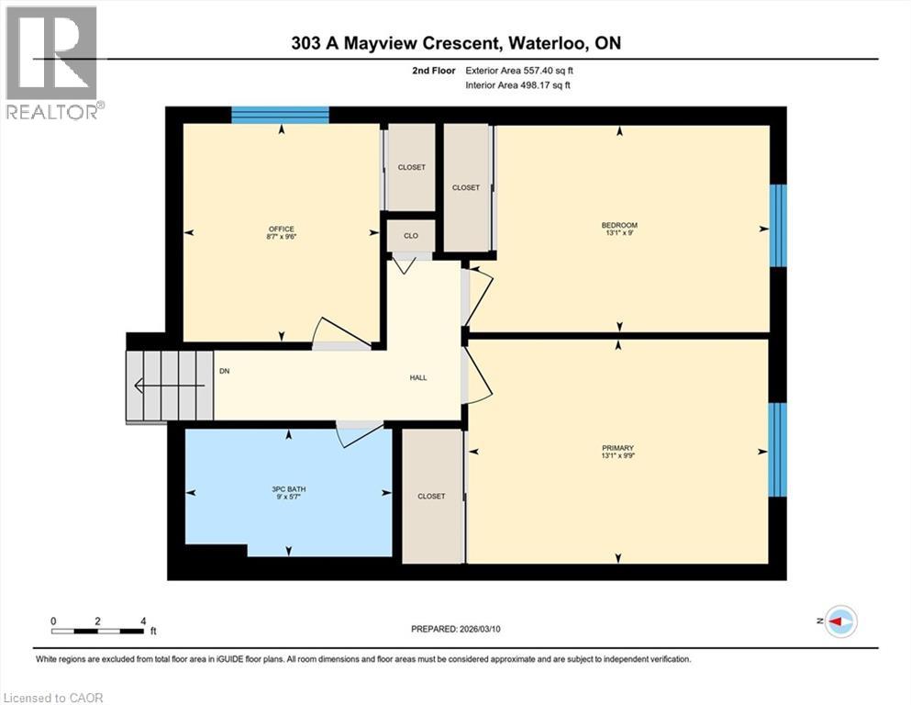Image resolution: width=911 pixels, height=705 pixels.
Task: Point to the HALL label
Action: pos(417,377)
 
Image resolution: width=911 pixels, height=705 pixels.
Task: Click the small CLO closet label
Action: pos(410,236)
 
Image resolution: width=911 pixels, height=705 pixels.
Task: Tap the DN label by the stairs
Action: pos(224,372)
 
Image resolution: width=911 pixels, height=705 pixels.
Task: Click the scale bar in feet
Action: pos(98,630)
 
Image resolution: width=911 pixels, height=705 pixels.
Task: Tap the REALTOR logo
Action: pos(51,63)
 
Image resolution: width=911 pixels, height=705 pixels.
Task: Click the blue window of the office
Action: pos(280,115)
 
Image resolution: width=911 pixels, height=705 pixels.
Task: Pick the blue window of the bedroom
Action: pos(778,225)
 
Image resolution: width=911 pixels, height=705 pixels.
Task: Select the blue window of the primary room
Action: pos(778,450)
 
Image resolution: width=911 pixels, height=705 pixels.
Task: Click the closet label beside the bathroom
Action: pos(431,497)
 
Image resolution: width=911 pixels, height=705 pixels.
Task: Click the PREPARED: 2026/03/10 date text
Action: pos(461,629)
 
